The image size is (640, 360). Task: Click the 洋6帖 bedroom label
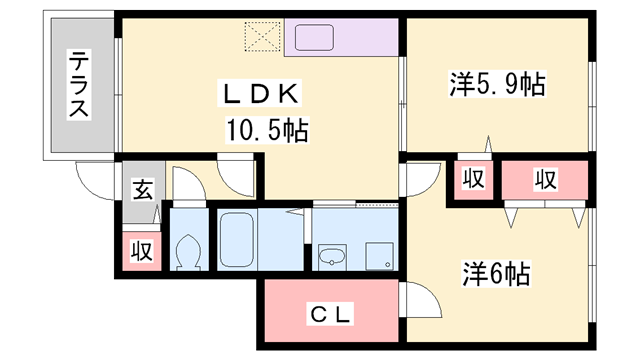[x=495, y=272]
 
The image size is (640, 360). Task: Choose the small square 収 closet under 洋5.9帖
[x=473, y=180]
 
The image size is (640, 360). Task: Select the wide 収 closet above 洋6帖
[x=544, y=180]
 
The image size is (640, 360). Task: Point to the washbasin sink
[x=331, y=259]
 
